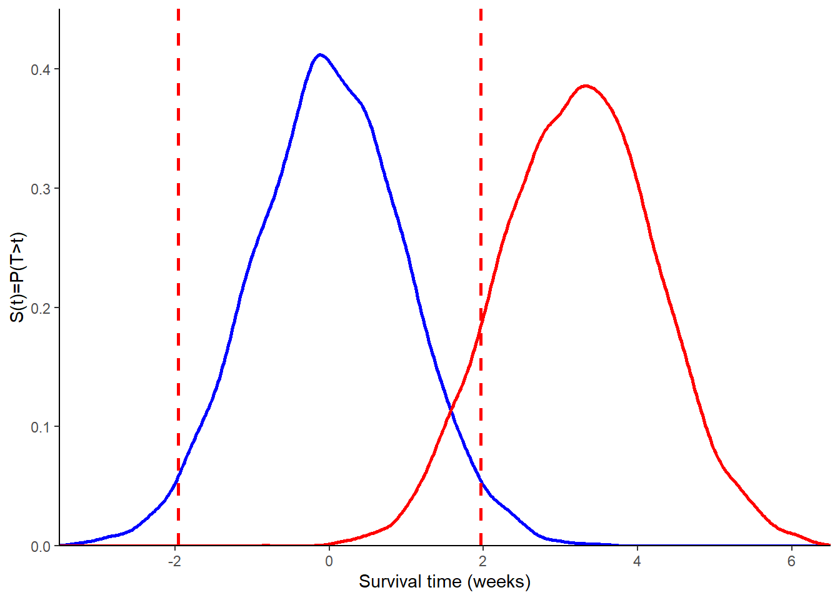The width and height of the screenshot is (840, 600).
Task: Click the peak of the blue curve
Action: coord(320,54)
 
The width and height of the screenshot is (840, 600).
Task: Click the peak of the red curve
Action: coord(585,86)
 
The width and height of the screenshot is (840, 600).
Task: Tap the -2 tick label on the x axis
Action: coord(174,561)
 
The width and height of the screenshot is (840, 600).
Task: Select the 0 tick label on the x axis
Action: coord(329,561)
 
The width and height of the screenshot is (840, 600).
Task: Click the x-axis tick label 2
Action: coord(483,561)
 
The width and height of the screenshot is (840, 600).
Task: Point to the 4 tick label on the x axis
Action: coord(637,561)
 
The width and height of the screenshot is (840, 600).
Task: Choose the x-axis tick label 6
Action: coord(791,561)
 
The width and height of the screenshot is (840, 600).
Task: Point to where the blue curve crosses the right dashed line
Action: coord(481,481)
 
